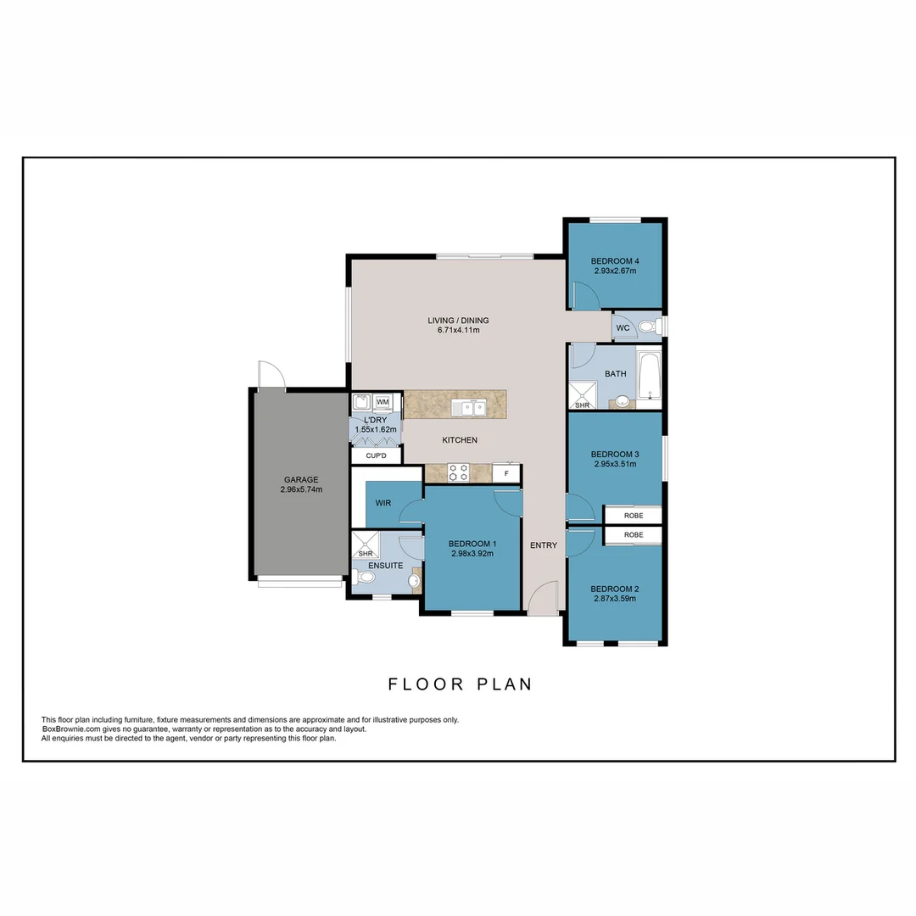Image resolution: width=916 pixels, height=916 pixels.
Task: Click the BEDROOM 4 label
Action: pyautogui.click(x=615, y=260)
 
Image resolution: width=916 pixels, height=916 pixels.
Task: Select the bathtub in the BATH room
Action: pyautogui.click(x=649, y=376)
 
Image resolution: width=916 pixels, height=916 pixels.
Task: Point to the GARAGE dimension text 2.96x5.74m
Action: pyautogui.click(x=301, y=489)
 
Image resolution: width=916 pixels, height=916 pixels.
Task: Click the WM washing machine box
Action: pyautogui.click(x=383, y=401)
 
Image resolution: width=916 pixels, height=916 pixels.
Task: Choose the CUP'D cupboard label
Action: pyautogui.click(x=376, y=456)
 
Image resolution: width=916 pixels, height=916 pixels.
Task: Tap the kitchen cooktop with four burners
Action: pyautogui.click(x=459, y=472)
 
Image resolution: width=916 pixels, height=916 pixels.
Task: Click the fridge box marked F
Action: pyautogui.click(x=506, y=472)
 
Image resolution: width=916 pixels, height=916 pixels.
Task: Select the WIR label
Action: pyautogui.click(x=383, y=503)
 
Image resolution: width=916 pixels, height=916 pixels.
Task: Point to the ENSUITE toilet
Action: pyautogui.click(x=366, y=578)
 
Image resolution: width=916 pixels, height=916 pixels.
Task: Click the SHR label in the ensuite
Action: pyautogui.click(x=366, y=553)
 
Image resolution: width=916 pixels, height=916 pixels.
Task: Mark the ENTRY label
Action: pyautogui.click(x=544, y=545)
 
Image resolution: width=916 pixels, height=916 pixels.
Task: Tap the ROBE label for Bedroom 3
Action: pyautogui.click(x=633, y=515)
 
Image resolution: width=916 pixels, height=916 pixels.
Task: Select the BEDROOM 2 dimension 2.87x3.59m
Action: pyautogui.click(x=614, y=598)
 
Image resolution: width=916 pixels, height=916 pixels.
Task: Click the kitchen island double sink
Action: pyautogui.click(x=468, y=408)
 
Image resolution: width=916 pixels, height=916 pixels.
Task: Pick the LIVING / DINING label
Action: pyautogui.click(x=458, y=321)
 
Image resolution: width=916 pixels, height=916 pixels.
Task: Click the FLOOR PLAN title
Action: pyautogui.click(x=460, y=684)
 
